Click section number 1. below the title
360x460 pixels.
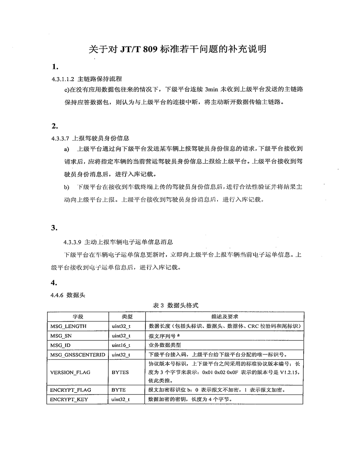[x=55, y=67]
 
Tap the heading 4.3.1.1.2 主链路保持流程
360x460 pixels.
[x=87, y=79]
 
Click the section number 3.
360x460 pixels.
[x=54, y=228]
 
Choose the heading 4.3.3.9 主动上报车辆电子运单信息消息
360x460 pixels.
[x=118, y=242]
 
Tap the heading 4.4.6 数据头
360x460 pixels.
[x=67, y=295]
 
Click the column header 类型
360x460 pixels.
[x=127, y=317]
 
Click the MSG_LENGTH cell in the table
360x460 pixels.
[x=68, y=326]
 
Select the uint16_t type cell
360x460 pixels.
[x=121, y=345]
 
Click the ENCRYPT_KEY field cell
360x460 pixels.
[x=69, y=399]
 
